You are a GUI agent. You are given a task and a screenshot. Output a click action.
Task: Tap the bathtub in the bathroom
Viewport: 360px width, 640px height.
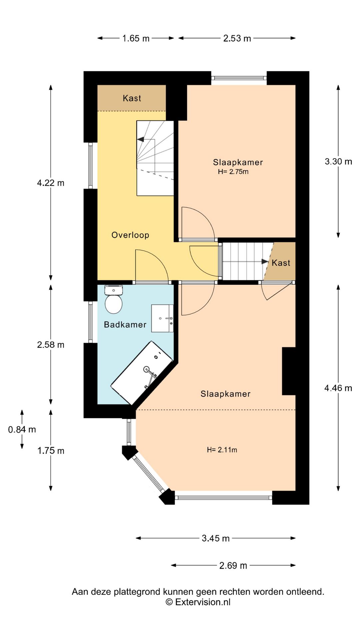[x=142, y=372]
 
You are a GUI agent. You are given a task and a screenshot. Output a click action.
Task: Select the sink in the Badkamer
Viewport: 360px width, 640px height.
[x=162, y=318]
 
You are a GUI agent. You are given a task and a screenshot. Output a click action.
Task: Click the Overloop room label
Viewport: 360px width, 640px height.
[x=130, y=235]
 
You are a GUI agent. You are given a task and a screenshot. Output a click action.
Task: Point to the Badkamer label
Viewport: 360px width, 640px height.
[x=125, y=325]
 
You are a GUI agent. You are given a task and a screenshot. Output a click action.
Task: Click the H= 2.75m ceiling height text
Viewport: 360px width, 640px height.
[x=233, y=172]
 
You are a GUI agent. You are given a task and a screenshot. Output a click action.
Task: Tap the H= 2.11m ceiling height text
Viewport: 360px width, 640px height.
[x=222, y=450]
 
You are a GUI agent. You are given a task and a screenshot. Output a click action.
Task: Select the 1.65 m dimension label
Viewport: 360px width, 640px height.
[x=136, y=38]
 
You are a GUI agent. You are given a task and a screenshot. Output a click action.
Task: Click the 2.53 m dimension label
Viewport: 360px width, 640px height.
[x=237, y=38]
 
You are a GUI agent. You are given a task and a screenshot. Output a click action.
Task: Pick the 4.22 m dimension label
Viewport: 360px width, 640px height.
[x=51, y=183]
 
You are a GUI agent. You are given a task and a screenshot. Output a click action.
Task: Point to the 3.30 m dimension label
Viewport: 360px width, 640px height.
[x=338, y=162]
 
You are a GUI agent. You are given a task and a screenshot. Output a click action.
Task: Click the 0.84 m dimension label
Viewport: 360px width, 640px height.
[x=22, y=430]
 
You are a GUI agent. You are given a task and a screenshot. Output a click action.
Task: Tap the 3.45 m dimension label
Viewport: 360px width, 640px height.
[x=216, y=538]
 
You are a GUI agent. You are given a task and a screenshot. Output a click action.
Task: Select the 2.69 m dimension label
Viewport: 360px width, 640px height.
[x=233, y=566]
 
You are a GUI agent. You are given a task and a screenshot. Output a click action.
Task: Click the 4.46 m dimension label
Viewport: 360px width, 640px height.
[x=338, y=388]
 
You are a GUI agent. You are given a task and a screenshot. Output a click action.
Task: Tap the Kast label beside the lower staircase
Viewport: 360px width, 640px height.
[x=281, y=263]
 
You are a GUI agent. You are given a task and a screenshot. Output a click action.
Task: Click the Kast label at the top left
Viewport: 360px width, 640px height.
[x=132, y=98]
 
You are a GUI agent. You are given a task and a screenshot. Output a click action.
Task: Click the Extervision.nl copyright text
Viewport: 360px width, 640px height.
[x=198, y=602]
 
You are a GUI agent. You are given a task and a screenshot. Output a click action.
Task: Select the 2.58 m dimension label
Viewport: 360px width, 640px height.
[x=51, y=345]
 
